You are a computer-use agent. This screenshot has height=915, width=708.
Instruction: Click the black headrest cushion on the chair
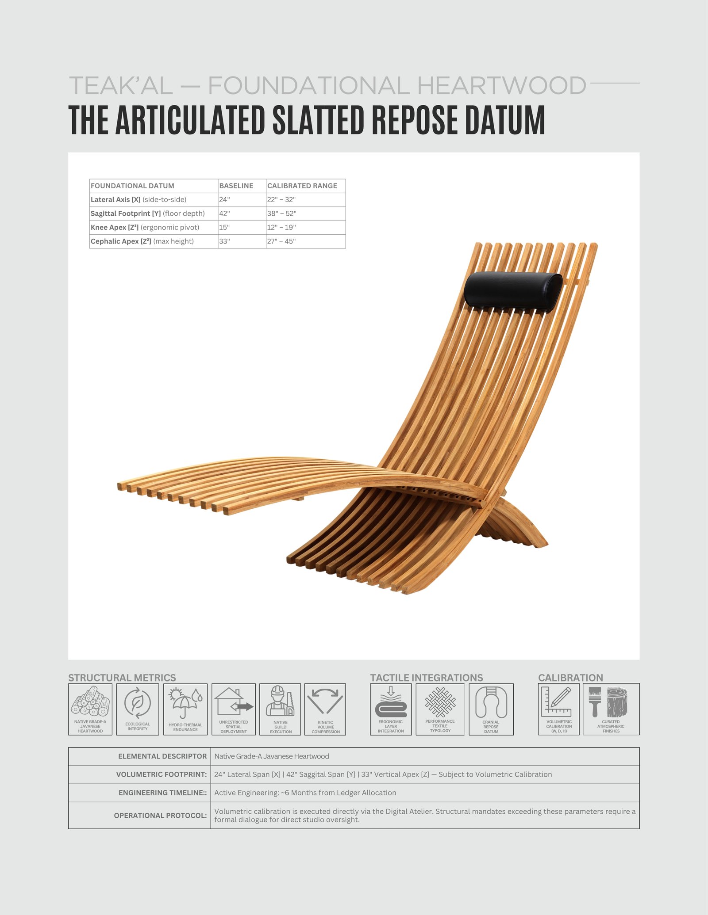click(x=513, y=289)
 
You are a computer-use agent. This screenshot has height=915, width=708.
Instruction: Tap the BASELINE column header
click(x=236, y=186)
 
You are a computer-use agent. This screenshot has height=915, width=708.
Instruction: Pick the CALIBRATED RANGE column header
click(x=302, y=186)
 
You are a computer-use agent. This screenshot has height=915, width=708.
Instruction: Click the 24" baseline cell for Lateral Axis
click(x=224, y=199)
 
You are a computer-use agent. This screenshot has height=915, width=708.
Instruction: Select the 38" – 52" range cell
click(x=281, y=213)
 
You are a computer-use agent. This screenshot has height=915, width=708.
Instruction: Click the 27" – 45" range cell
click(x=281, y=241)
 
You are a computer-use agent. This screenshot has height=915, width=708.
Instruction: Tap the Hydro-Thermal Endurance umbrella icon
click(x=185, y=703)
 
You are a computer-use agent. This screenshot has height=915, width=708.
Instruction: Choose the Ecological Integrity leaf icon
click(x=138, y=703)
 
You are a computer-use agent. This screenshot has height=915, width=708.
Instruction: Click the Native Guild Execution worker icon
click(x=280, y=701)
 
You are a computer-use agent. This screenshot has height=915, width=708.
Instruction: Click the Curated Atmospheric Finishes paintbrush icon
click(x=595, y=702)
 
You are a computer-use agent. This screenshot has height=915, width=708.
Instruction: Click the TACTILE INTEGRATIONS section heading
click(x=427, y=678)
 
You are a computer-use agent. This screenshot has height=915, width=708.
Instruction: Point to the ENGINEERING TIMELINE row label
click(x=162, y=793)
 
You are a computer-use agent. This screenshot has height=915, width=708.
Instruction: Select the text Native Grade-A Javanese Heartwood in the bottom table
click(x=272, y=756)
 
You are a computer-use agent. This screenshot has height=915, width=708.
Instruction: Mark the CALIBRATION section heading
click(x=570, y=678)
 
